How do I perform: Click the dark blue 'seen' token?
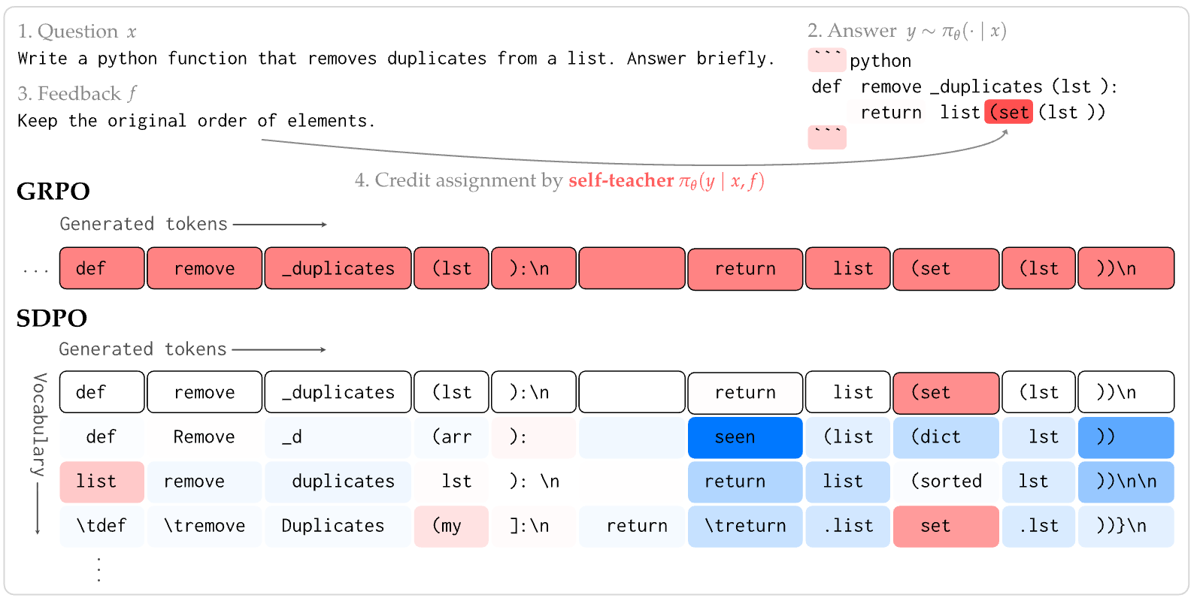745,437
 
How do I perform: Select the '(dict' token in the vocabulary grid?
946,437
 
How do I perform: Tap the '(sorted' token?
946,482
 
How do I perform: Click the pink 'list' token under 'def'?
102,482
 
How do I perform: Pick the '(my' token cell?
451,526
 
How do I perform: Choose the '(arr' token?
451,437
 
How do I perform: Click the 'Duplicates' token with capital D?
338,526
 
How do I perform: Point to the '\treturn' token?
745,526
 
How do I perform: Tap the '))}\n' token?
1126,526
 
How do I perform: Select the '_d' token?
338,437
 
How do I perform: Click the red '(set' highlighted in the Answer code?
1008,112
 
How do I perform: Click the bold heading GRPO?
53,192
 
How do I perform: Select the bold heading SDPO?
52,319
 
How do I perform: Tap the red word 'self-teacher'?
621,181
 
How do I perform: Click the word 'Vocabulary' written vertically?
40,424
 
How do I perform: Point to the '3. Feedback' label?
69,94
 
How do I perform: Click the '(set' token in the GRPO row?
946,269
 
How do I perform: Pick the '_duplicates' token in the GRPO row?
338,268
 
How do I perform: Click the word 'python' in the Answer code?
880,61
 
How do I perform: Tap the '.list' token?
847,526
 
